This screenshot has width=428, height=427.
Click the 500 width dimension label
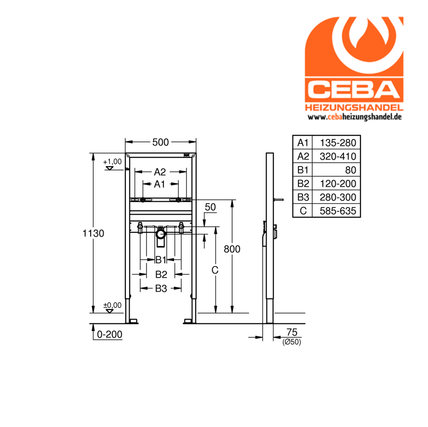[160, 142]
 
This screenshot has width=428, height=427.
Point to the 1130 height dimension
[94, 233]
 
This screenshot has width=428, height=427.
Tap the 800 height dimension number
[232, 249]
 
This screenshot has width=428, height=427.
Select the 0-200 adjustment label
[109, 334]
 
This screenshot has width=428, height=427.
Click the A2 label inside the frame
[160, 172]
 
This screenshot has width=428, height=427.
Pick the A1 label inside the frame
[160, 184]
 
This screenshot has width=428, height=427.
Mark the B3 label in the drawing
[161, 288]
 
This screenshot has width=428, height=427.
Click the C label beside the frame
[215, 270]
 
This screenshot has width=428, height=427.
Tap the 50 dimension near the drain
[211, 207]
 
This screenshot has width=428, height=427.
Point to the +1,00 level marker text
[112, 161]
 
